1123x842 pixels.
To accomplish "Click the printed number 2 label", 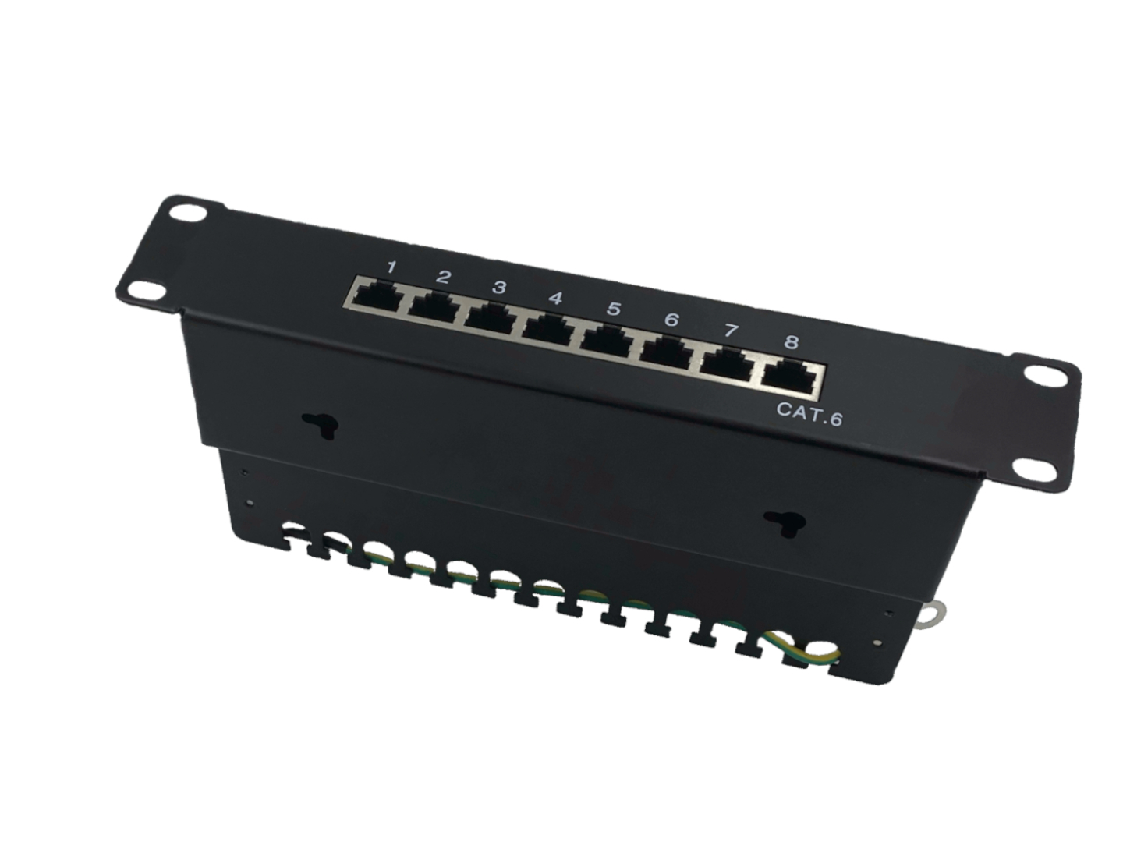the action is tap(443, 277).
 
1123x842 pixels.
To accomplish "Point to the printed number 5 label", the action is tap(614, 309).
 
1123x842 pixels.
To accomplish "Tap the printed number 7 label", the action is tap(732, 331).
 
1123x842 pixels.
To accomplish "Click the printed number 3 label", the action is tap(499, 288).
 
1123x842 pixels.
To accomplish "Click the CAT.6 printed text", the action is tap(809, 413).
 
